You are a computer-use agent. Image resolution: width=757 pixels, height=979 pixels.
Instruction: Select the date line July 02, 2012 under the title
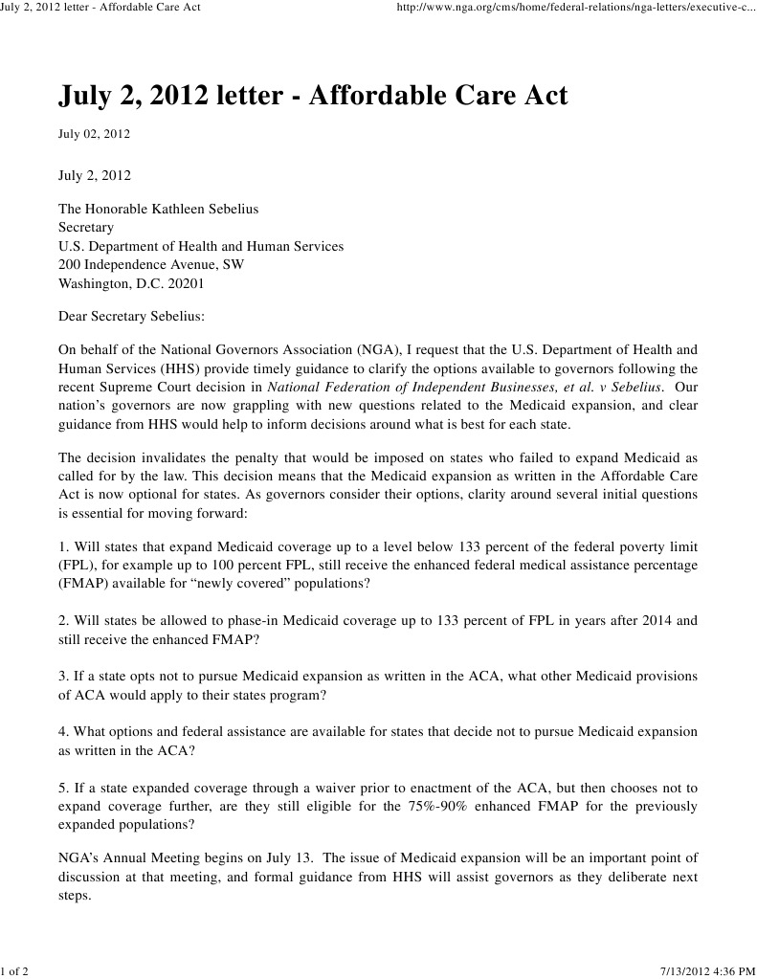[x=94, y=134]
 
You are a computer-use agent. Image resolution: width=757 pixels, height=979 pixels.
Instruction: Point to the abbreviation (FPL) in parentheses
[x=76, y=565]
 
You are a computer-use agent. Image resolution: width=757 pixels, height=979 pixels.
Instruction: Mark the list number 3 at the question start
[x=62, y=677]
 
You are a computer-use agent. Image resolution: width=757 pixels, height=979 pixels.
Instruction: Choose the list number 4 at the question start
[x=62, y=732]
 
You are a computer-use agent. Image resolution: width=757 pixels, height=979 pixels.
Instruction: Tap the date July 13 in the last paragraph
[x=265, y=858]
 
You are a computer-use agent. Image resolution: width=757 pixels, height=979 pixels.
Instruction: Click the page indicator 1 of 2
[x=14, y=972]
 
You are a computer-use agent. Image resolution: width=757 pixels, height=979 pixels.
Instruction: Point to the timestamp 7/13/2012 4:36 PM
[x=708, y=972]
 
